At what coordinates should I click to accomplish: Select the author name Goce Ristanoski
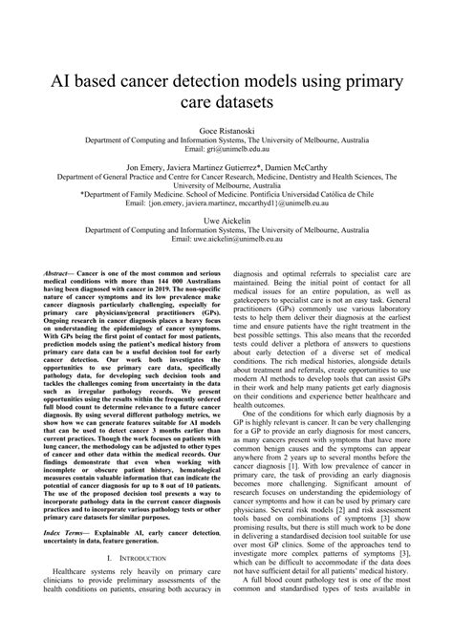[x=226, y=127]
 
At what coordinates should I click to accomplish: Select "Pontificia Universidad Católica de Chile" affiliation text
[x=307, y=194]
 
